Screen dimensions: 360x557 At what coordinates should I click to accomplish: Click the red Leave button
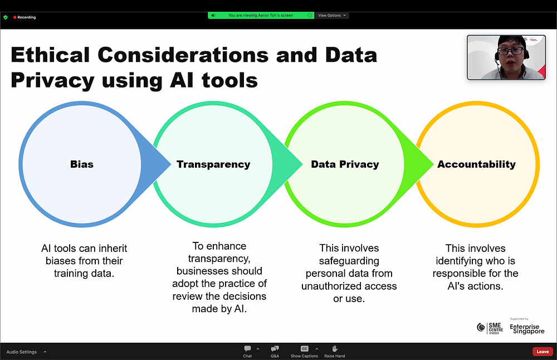[543, 352]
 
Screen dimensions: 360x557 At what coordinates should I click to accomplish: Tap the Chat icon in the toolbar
[247, 349]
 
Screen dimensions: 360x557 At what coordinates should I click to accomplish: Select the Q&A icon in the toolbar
[275, 349]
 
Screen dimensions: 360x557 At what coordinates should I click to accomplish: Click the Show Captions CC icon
[304, 349]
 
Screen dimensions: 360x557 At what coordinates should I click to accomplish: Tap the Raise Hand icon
[334, 349]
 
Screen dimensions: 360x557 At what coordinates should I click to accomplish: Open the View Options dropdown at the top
[332, 16]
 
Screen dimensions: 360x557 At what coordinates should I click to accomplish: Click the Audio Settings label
[22, 352]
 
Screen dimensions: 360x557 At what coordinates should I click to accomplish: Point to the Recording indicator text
[27, 17]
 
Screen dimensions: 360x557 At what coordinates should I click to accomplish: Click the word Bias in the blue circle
[82, 164]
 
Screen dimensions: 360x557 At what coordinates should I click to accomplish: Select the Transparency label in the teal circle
[213, 164]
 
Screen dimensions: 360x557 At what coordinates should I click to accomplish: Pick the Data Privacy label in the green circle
[345, 164]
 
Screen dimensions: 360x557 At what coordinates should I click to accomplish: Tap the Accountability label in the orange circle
[476, 164]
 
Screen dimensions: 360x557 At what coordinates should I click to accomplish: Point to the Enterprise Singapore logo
[527, 329]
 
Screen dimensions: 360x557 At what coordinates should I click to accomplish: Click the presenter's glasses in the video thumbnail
[511, 51]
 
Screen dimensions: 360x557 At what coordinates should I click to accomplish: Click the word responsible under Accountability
[460, 273]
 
